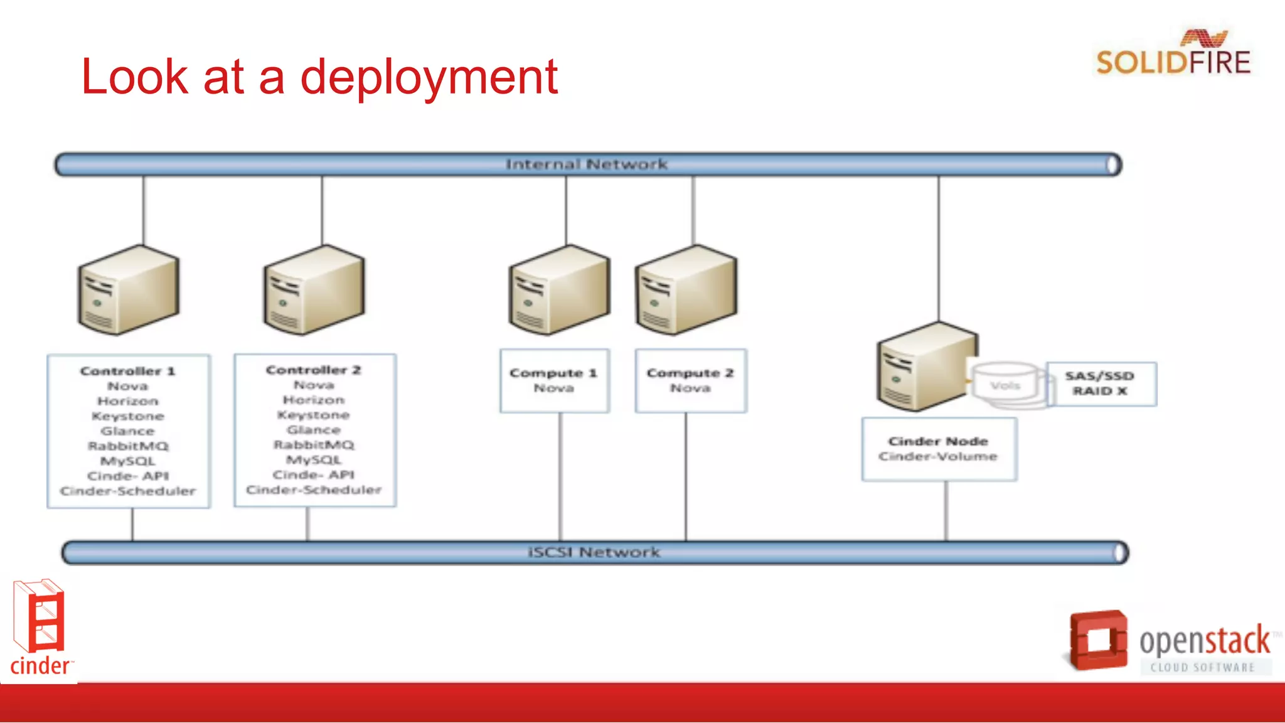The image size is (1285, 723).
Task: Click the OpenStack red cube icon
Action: point(1098,640)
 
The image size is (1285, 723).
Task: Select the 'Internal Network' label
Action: point(587,164)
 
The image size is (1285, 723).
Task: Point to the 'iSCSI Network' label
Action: point(594,552)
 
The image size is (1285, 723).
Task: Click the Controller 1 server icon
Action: point(128,290)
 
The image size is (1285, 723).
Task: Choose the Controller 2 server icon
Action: point(314,290)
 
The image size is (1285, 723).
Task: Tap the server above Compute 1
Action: point(558,290)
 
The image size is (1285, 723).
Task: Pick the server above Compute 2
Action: point(685,290)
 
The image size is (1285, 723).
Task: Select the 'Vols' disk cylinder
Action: point(1006,384)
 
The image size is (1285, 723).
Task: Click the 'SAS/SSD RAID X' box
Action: point(1101,383)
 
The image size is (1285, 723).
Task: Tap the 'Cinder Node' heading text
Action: point(938,441)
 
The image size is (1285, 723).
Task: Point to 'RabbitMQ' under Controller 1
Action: point(128,446)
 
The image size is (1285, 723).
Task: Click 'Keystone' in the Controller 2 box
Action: point(314,415)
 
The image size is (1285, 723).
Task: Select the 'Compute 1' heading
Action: point(553,373)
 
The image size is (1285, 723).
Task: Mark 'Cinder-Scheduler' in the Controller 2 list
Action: point(314,490)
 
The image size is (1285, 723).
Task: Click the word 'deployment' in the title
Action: point(429,77)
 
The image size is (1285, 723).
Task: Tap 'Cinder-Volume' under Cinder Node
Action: point(938,456)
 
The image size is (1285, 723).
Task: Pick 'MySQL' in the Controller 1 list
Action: point(128,461)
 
